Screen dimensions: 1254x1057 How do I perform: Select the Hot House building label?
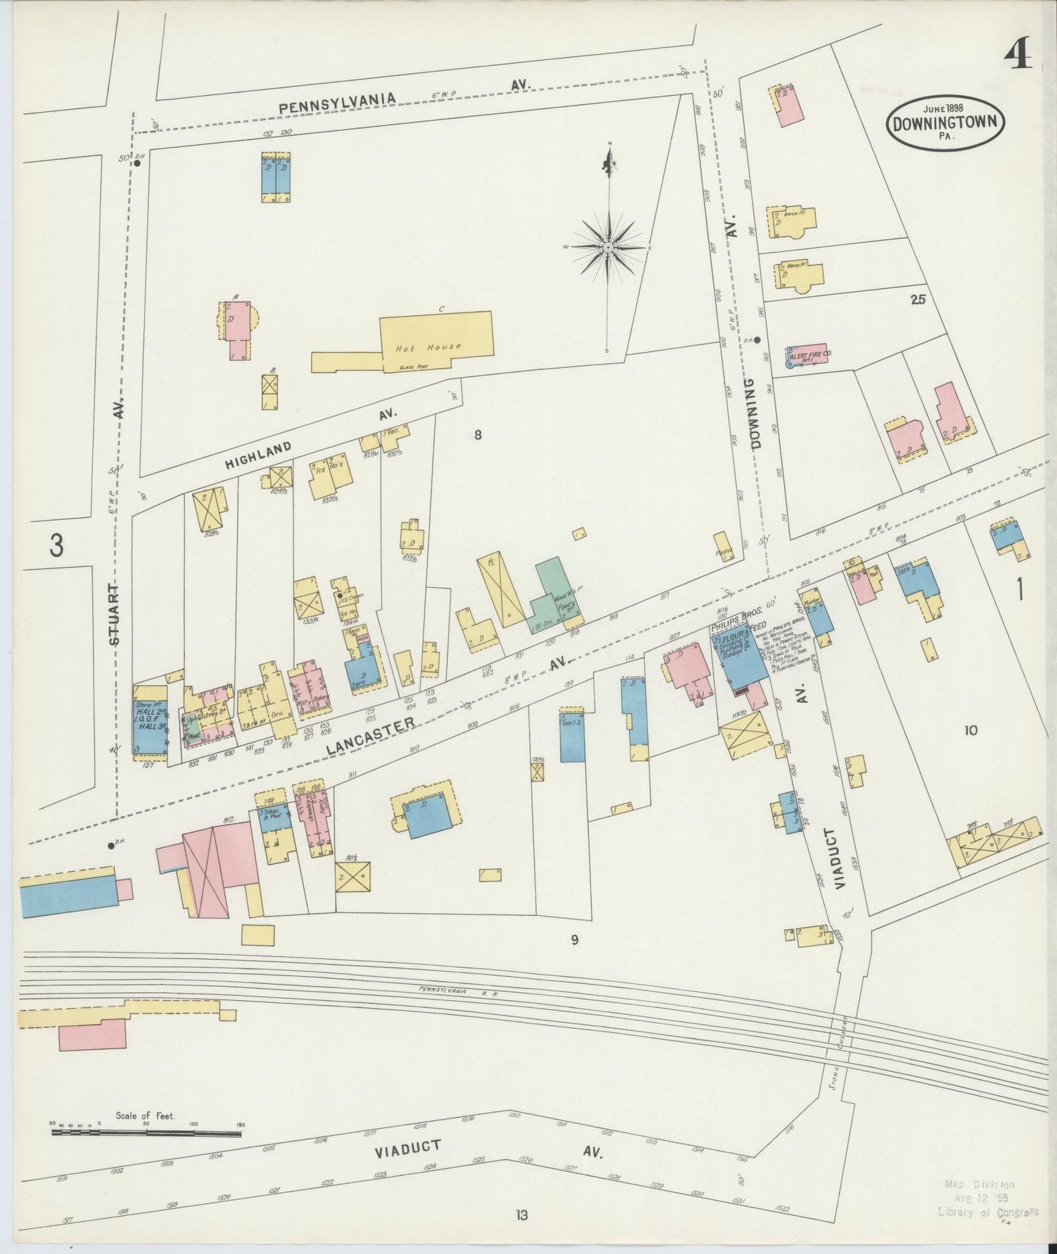(x=428, y=348)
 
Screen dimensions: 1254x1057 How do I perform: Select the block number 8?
(x=478, y=435)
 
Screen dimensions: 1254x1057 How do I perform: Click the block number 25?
(x=919, y=299)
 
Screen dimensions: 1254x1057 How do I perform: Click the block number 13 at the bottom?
(x=521, y=1215)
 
